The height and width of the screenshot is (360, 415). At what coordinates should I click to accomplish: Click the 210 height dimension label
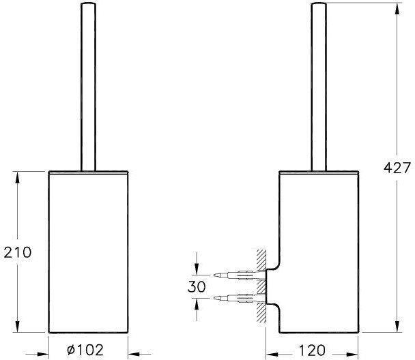click(x=18, y=252)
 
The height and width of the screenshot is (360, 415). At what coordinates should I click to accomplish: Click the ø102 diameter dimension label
click(x=85, y=350)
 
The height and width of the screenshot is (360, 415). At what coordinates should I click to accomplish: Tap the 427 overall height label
click(x=397, y=168)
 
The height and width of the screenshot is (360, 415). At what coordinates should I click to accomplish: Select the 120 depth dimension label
click(x=312, y=350)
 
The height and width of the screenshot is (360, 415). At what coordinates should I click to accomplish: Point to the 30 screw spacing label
click(x=197, y=286)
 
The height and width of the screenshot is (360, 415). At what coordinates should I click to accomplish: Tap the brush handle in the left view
click(x=88, y=87)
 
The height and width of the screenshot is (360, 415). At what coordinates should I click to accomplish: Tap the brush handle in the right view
click(x=319, y=87)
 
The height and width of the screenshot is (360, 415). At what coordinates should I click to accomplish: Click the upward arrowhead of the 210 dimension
click(x=18, y=177)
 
